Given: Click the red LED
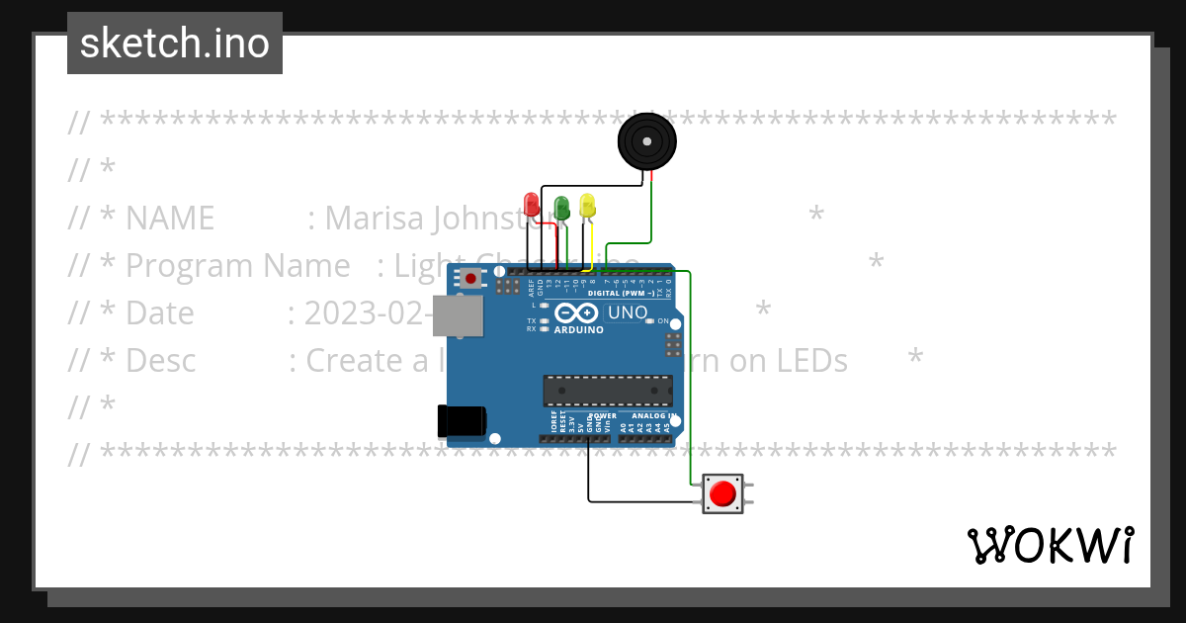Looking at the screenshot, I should (532, 205).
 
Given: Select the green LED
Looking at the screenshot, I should (561, 207).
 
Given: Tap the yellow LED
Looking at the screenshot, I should (588, 206).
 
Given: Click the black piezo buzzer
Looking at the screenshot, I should (648, 142).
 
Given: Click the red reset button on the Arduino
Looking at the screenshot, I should (470, 279).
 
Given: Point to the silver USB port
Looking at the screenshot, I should (459, 315).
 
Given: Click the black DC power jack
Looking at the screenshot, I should (462, 421).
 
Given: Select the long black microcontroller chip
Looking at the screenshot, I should (607, 391).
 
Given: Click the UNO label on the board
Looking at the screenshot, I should (627, 313).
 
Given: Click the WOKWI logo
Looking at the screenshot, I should (1050, 545).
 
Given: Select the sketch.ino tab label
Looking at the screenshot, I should (175, 44).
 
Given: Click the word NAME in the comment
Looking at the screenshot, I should (170, 218).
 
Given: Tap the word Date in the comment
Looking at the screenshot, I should (160, 312).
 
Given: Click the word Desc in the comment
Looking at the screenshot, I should (161, 360).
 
